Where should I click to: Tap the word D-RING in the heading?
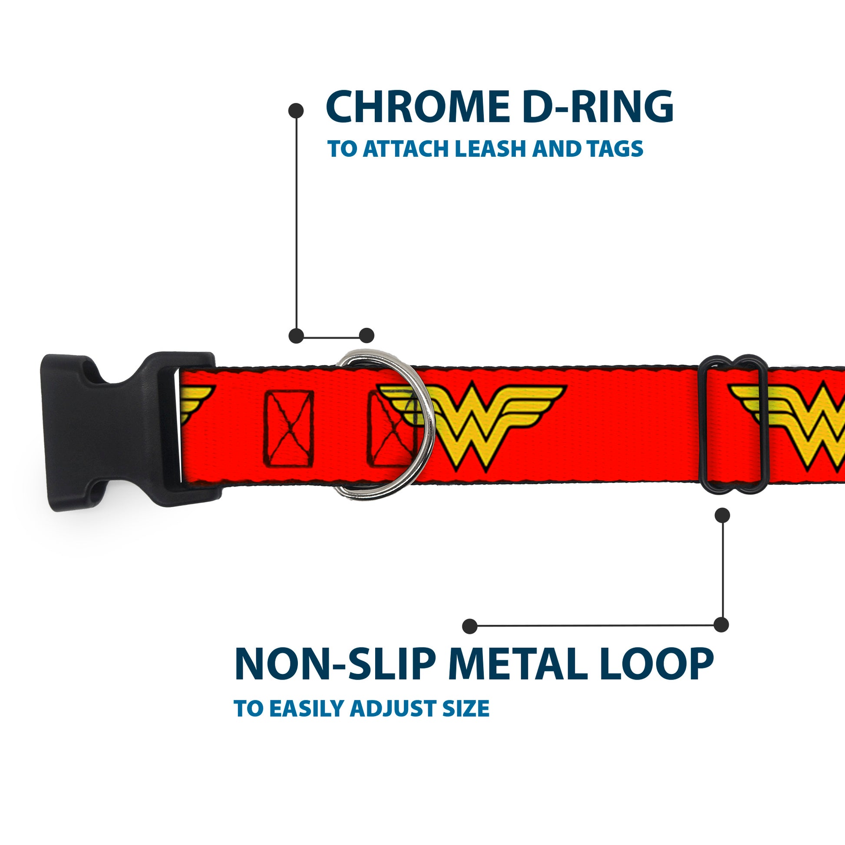[x=597, y=107]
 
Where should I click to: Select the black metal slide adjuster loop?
[x=732, y=424]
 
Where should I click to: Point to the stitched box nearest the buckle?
[x=288, y=429]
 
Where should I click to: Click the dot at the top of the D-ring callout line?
[x=296, y=111]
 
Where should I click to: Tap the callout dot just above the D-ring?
[x=366, y=336]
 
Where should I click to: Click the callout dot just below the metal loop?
[x=722, y=515]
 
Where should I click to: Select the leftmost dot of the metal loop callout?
[x=469, y=626]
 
